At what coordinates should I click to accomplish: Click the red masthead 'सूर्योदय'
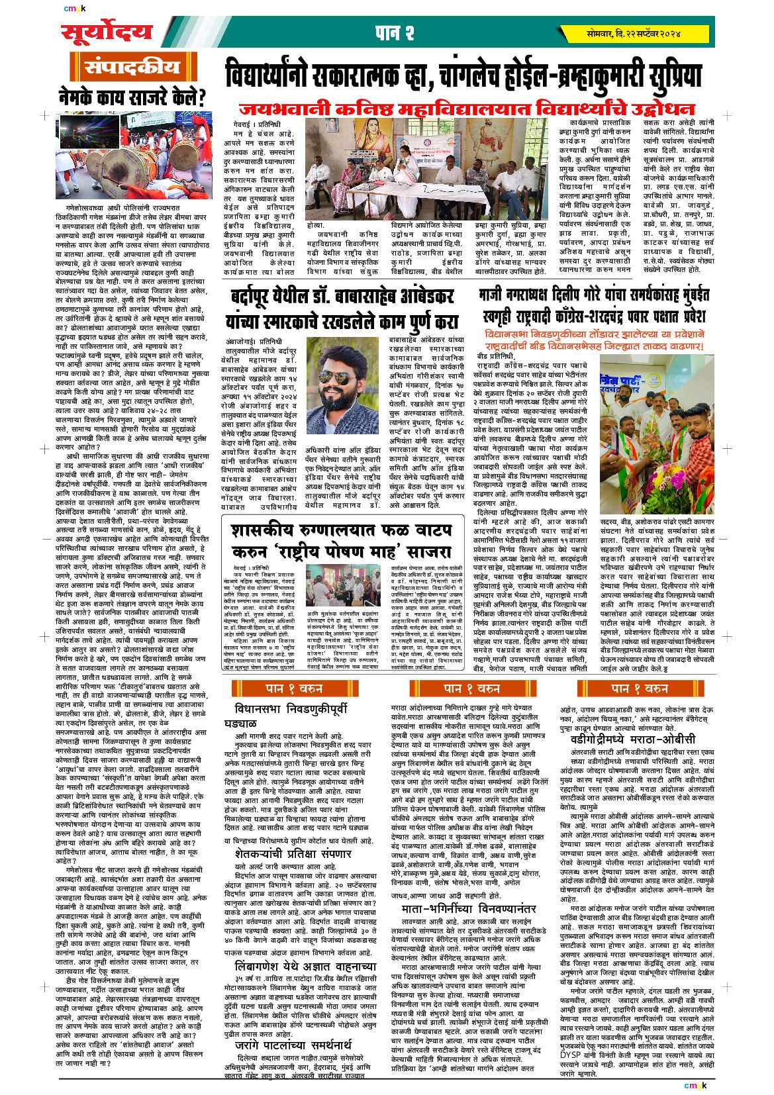tap(106, 32)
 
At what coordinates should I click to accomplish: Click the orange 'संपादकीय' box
tap(133, 68)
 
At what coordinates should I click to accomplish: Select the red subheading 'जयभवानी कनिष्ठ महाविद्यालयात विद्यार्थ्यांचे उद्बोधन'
tap(467, 109)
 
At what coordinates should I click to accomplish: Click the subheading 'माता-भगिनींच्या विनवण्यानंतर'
tap(469, 908)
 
